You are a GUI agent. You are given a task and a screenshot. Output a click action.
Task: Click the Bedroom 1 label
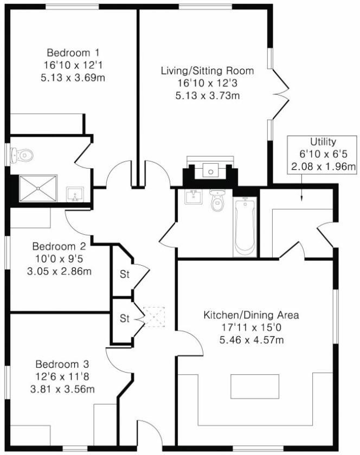point(73,53)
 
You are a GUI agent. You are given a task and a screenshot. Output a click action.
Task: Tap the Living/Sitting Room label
point(207,71)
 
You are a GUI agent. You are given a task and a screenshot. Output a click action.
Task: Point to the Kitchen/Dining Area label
point(250,315)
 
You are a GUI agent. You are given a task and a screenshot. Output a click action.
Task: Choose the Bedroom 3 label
point(62,364)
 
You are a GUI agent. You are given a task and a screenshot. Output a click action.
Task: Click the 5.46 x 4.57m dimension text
point(252,341)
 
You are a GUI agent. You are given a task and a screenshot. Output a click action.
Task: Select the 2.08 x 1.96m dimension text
point(323,166)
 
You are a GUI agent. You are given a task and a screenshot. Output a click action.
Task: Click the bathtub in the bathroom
point(245,227)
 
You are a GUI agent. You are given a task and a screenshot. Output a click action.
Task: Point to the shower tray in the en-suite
point(38,188)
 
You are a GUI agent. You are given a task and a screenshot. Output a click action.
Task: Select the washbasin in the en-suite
point(75,194)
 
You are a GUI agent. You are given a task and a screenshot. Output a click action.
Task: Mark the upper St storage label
point(125,274)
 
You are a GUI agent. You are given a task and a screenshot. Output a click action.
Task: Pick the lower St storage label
point(125,318)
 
